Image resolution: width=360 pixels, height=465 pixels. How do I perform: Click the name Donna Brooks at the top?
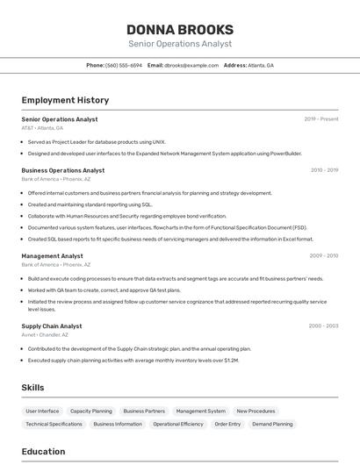[x=180, y=29]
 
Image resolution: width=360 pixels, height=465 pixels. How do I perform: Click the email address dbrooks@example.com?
[x=191, y=65]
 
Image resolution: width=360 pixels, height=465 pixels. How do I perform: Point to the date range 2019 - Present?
[x=321, y=119]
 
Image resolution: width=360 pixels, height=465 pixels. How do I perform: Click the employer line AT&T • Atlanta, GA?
[x=42, y=128]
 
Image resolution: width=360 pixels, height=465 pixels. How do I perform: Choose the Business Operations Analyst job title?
[x=63, y=170]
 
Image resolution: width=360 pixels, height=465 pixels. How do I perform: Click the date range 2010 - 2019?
[x=324, y=170]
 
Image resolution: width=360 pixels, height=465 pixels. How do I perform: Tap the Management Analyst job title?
[x=53, y=256]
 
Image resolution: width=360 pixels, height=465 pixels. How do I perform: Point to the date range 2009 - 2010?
[x=324, y=256]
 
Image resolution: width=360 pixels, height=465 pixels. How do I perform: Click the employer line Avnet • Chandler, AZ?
[x=45, y=334]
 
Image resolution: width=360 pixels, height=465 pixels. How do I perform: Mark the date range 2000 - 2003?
[x=323, y=325]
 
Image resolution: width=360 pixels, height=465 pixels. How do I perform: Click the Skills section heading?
[x=32, y=387]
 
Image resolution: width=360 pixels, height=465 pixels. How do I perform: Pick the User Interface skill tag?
[x=42, y=411]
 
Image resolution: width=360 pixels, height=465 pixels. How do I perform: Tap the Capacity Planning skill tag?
[x=91, y=411]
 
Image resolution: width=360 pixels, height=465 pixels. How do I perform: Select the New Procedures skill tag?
[x=256, y=411]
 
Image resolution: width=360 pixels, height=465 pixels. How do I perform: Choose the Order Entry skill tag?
[x=227, y=424]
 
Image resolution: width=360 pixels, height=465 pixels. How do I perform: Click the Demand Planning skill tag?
[x=272, y=424]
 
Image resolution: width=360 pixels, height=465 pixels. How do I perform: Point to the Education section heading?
[x=43, y=452]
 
